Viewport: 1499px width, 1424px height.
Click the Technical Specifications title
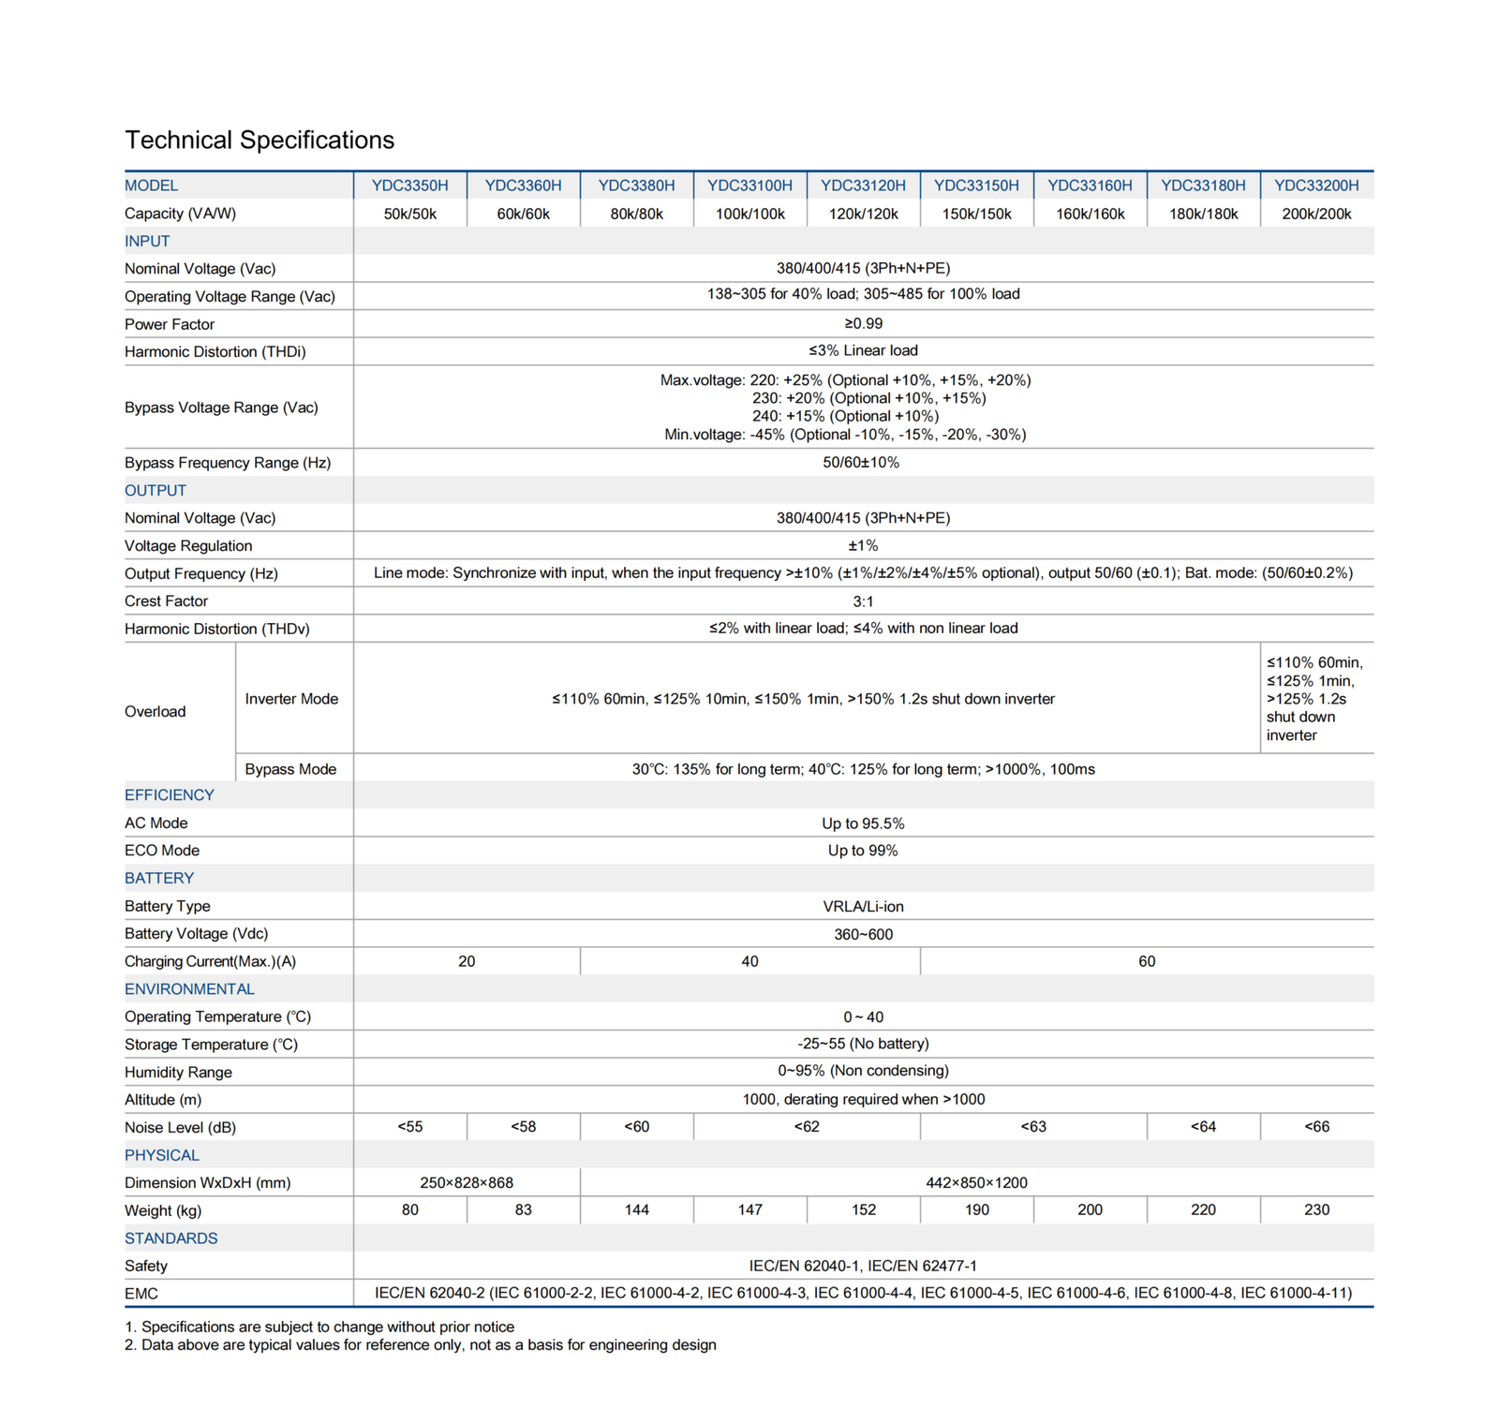(x=260, y=141)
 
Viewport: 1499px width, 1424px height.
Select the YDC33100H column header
(x=749, y=185)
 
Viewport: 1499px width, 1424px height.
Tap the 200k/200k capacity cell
(x=1316, y=214)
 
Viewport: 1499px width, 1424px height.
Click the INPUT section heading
(x=147, y=241)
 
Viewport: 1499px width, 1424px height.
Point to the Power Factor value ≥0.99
(x=863, y=323)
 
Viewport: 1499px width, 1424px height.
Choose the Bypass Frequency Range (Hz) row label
(x=228, y=463)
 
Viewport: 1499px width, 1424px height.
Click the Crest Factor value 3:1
(x=863, y=601)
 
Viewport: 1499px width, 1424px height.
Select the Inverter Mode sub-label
(x=291, y=699)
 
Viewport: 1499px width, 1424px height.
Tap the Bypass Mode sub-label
(x=290, y=769)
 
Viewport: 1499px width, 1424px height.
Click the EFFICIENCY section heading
(x=170, y=795)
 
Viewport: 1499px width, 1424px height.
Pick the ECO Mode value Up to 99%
(x=863, y=851)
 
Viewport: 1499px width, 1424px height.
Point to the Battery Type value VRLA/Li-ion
(x=863, y=907)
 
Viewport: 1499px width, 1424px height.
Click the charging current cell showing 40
(x=749, y=961)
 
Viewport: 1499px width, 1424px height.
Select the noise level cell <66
(x=1316, y=1127)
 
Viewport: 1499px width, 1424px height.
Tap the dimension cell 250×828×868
(x=467, y=1183)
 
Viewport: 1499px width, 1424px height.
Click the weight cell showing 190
(x=976, y=1210)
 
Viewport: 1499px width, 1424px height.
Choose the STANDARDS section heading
(x=171, y=1239)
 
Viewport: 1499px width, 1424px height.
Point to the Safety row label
(x=146, y=1267)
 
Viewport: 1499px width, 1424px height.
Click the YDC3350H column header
(x=409, y=185)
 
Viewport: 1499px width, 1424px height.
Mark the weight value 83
(x=523, y=1210)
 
